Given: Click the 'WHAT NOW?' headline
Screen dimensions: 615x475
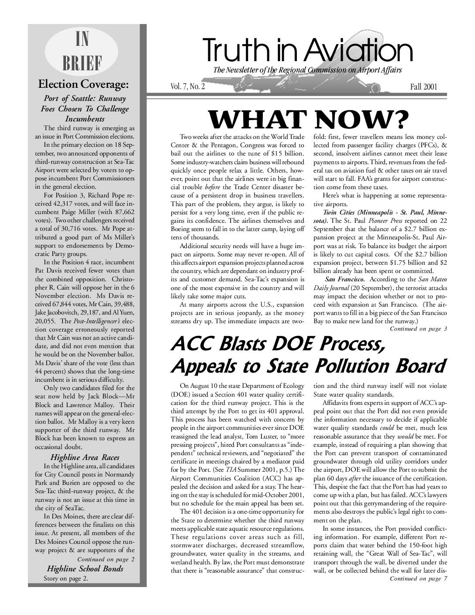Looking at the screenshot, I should [308, 118].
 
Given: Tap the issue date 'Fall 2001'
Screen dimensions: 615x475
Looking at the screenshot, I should [423, 86].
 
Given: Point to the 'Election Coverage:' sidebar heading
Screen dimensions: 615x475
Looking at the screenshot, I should [83, 83].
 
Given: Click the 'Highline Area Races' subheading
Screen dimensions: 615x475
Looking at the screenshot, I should [85, 457].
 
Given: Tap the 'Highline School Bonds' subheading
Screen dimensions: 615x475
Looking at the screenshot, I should [85, 569].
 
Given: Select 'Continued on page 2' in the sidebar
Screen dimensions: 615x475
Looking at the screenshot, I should [106, 559].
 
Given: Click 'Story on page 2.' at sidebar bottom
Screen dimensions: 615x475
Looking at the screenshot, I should [65, 579].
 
